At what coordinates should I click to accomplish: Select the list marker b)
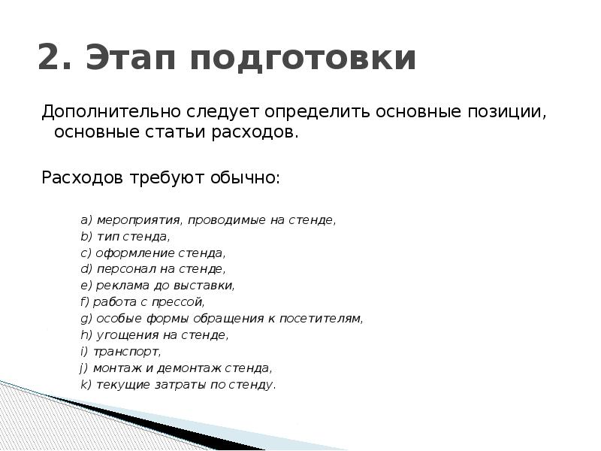click(86, 237)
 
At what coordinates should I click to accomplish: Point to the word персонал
click(123, 269)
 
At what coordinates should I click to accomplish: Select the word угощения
click(122, 335)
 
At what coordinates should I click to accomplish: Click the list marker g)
click(86, 319)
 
